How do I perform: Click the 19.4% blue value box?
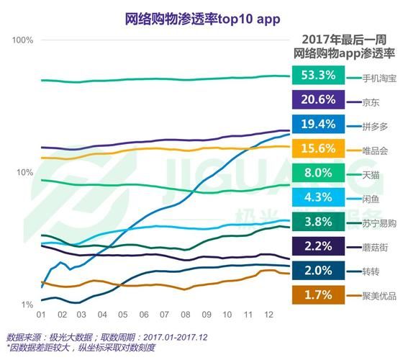point(317,125)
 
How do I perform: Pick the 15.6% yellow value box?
point(317,149)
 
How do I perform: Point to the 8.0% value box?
point(317,174)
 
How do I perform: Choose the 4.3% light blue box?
point(317,197)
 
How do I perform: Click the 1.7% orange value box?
point(317,294)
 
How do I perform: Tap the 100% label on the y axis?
point(23,39)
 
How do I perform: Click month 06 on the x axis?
point(144,315)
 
